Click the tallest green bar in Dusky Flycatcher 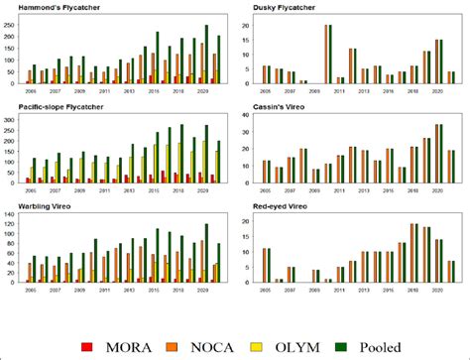[x=330, y=55]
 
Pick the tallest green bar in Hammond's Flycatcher [x=206, y=56]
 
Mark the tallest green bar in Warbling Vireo [x=206, y=253]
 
